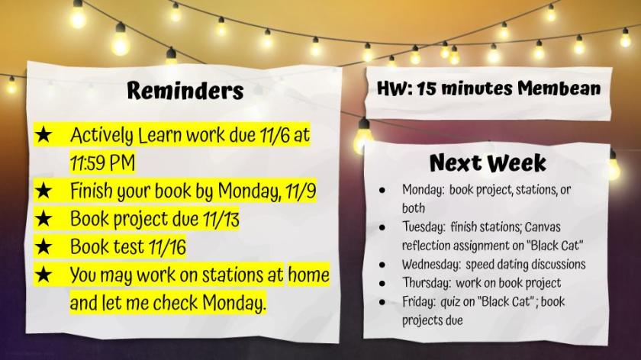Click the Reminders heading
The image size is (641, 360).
(x=185, y=90)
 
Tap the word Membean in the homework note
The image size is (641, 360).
(x=559, y=88)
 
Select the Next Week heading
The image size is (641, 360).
(x=488, y=162)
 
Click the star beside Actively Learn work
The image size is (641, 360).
(x=43, y=134)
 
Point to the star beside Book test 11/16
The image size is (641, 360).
(x=43, y=246)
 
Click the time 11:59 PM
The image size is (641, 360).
(x=102, y=163)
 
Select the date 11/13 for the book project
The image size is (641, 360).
(x=221, y=219)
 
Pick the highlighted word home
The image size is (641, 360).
(x=308, y=275)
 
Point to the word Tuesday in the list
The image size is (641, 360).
(x=424, y=227)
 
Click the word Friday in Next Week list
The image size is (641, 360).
(x=419, y=301)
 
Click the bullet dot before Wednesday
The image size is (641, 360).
(x=382, y=265)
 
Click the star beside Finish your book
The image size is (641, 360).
(x=43, y=191)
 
